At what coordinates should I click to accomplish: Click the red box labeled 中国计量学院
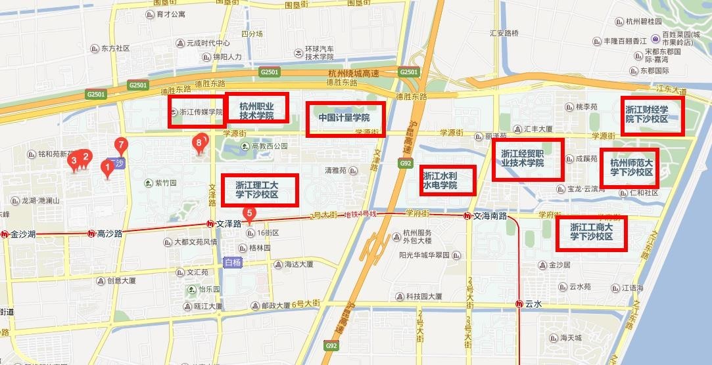(x=345, y=119)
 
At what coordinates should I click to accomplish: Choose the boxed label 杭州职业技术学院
(x=256, y=110)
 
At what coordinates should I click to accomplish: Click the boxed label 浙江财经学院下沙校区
(x=652, y=115)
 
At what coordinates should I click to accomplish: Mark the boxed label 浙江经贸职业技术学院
(x=528, y=160)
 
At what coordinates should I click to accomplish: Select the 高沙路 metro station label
(x=109, y=233)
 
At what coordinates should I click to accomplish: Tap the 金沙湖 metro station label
(x=23, y=233)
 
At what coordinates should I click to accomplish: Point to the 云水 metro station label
(x=533, y=305)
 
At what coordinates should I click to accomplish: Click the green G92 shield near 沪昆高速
(x=406, y=163)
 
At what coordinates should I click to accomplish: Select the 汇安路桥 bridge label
(x=504, y=33)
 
